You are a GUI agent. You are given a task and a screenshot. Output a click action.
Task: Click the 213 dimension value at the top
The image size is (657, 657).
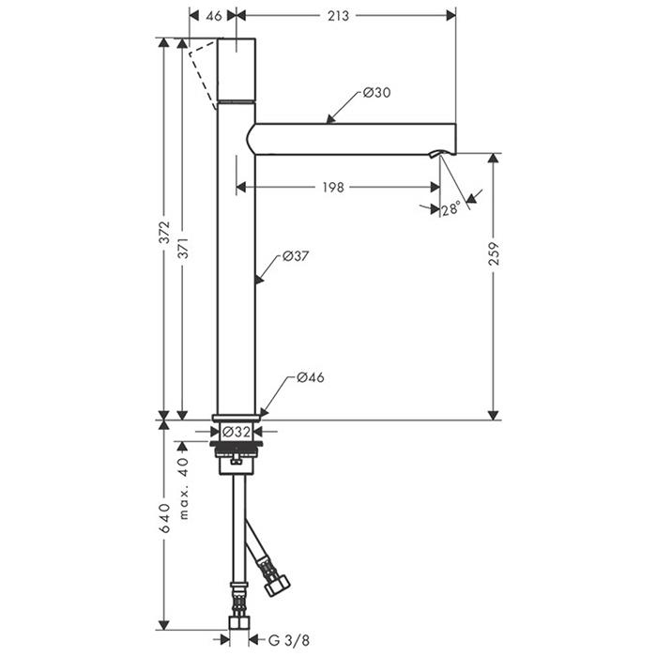pos(338,16)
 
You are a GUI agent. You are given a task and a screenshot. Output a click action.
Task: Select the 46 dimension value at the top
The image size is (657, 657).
pos(214,16)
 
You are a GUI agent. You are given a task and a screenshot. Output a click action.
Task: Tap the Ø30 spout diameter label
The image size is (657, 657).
pos(376,92)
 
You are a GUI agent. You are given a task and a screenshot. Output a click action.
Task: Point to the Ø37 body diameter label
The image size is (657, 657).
pos(296,255)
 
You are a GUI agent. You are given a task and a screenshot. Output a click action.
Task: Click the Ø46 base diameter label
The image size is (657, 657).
pos(311,377)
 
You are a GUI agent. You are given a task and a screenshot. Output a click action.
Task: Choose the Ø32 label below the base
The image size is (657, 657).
pos(237,431)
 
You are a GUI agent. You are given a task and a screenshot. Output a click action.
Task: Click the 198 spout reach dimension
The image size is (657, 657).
pos(333,187)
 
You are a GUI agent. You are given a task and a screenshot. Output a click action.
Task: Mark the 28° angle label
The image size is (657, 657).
pos(451,208)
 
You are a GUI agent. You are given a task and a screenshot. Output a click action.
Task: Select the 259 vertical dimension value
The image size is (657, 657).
pos(495,253)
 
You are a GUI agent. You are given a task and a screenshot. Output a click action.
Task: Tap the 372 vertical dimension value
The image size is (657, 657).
pos(164,232)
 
